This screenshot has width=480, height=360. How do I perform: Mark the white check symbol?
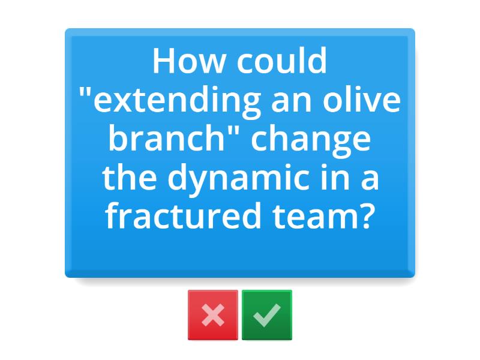click(267, 315)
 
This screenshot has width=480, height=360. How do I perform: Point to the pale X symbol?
click(213, 315)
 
